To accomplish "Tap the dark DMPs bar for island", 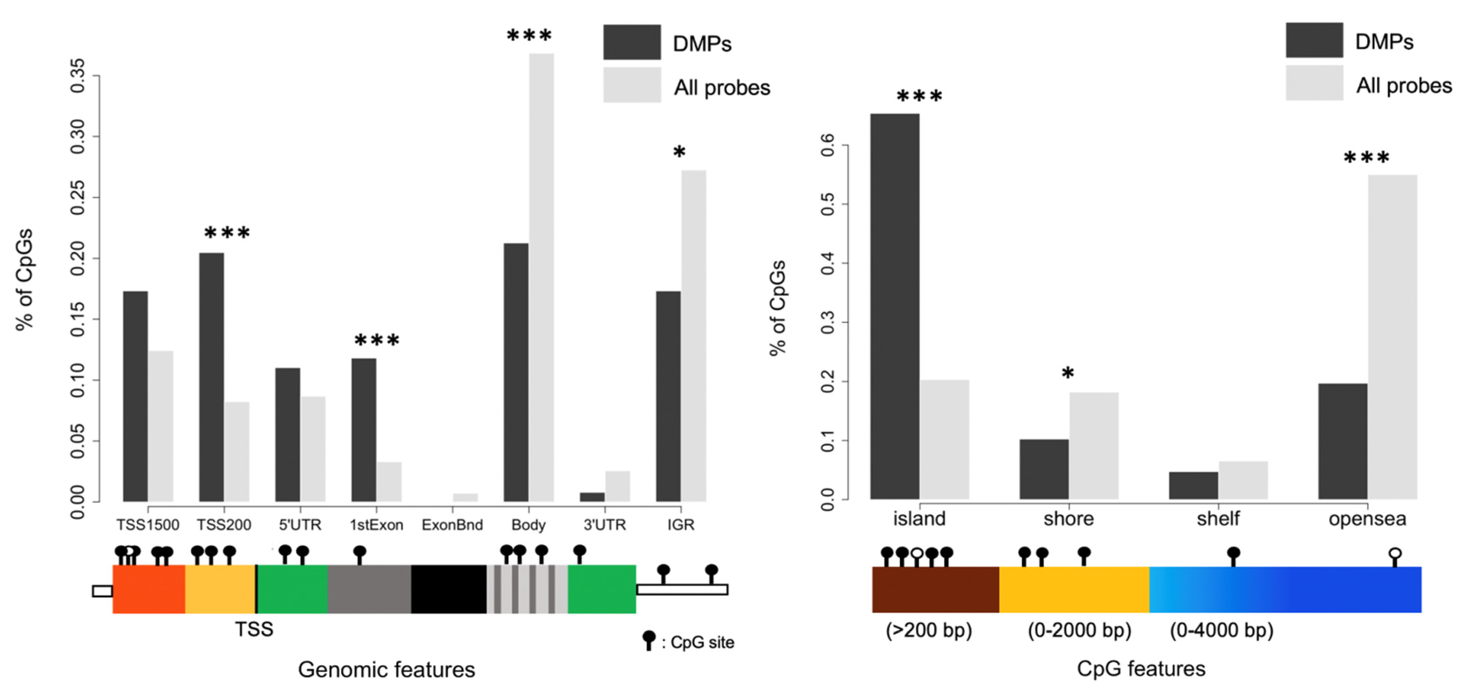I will (x=895, y=306).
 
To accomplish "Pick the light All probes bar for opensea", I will (x=1392, y=337).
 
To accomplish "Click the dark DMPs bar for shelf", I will (x=1193, y=486).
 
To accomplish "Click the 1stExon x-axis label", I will (x=376, y=525).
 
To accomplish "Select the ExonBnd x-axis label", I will (x=452, y=525).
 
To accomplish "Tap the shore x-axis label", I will (x=1068, y=519).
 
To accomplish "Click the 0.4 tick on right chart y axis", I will (x=828, y=263).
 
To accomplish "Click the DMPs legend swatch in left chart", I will (x=632, y=42).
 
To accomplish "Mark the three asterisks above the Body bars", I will (x=529, y=36).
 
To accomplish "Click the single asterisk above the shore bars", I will (x=1068, y=373).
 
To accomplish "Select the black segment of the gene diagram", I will (x=448, y=589).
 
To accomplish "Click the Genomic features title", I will (x=387, y=670).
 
